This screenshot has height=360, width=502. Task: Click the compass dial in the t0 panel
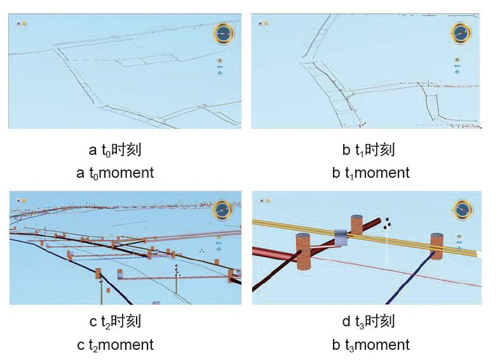pyautogui.click(x=223, y=34)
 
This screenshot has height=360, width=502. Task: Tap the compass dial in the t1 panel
pyautogui.click(x=462, y=33)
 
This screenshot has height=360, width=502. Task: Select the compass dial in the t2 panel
pyautogui.click(x=222, y=210)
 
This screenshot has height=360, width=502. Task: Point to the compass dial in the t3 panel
pyautogui.click(x=463, y=209)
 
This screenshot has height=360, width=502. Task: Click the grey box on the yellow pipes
pyautogui.click(x=343, y=238)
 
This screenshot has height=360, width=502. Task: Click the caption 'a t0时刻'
pyautogui.click(x=115, y=150)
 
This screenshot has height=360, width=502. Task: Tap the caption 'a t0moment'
pyautogui.click(x=115, y=173)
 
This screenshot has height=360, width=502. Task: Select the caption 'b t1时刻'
pyautogui.click(x=369, y=150)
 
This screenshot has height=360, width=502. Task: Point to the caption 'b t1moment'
pyautogui.click(x=370, y=173)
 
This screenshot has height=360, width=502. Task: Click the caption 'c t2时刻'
pyautogui.click(x=115, y=322)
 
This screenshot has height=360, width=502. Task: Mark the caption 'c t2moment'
pyautogui.click(x=115, y=345)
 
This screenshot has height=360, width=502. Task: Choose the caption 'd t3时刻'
pyautogui.click(x=369, y=322)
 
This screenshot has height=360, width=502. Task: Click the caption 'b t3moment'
pyautogui.click(x=370, y=345)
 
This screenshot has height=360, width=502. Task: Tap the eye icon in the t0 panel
pyautogui.click(x=220, y=62)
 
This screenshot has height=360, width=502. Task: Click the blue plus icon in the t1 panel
pyautogui.click(x=458, y=71)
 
